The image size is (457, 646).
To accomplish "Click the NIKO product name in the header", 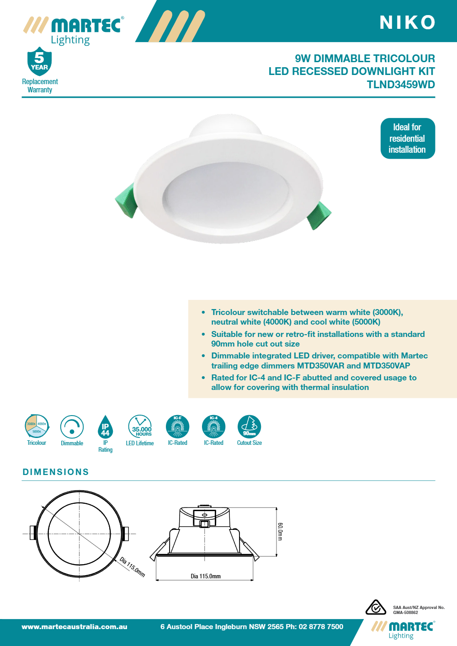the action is [x=407, y=22].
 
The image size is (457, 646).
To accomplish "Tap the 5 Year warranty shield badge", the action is [x=39, y=61].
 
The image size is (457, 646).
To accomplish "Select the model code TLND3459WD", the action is [x=401, y=85].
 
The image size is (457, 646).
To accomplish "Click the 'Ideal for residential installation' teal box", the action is [x=407, y=138].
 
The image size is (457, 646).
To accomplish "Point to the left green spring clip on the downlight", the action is [x=125, y=200].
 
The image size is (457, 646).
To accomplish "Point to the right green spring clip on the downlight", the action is [x=319, y=215].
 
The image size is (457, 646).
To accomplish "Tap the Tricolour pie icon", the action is [x=37, y=426].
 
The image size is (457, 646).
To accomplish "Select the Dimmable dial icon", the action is [x=72, y=427].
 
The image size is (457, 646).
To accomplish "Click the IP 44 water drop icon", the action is [x=105, y=427].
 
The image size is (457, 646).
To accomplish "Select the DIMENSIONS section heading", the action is [x=56, y=472].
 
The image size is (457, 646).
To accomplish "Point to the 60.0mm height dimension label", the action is [x=280, y=532].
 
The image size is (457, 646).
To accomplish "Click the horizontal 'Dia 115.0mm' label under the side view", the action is [x=206, y=576].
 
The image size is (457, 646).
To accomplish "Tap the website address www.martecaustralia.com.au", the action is [x=74, y=627].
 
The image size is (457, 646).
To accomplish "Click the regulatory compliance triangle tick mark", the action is [x=376, y=608].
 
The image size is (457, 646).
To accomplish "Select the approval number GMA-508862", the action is [x=405, y=613].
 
